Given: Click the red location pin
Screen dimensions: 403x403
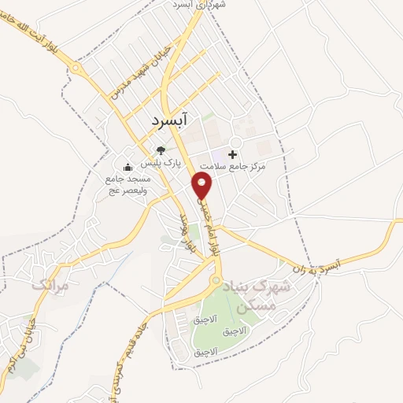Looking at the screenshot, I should click(x=203, y=186).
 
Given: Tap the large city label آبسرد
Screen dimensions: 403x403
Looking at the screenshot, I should click(x=168, y=123).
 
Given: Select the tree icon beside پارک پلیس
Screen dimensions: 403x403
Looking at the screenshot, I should click(x=161, y=150).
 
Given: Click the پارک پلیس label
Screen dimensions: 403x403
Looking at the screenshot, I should click(x=161, y=164).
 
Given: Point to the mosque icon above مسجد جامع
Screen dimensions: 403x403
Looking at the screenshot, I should click(x=128, y=166).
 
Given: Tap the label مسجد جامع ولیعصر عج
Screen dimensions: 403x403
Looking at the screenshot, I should click(x=128, y=184).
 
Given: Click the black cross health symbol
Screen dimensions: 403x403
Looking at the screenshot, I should click(x=232, y=153).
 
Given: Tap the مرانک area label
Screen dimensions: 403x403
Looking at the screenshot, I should click(x=51, y=285).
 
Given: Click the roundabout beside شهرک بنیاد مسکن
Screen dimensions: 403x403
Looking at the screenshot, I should click(x=215, y=281).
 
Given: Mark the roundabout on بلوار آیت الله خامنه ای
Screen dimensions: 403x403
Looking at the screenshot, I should click(x=76, y=68).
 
